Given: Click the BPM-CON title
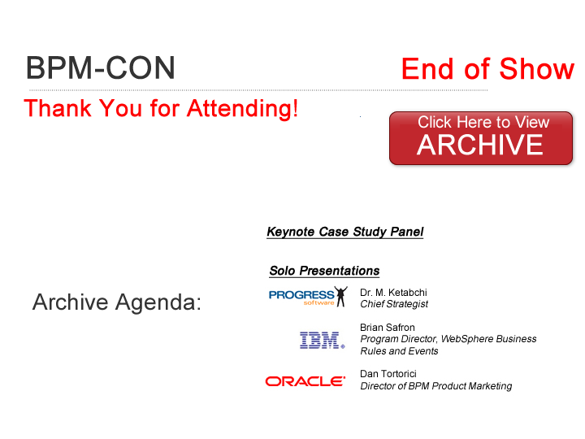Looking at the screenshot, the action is [x=101, y=68].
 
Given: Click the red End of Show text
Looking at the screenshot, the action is [x=487, y=68].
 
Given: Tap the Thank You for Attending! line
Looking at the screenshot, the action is [x=161, y=109].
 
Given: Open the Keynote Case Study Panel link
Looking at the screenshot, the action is [x=345, y=232].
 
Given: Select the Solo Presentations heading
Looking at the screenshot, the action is [x=324, y=271].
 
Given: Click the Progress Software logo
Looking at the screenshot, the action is [x=308, y=297].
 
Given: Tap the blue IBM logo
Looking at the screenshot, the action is [x=323, y=340].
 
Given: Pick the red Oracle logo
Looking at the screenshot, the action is [x=305, y=381].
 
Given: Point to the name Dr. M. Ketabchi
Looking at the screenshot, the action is [x=393, y=293].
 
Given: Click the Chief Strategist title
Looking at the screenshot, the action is [x=394, y=304].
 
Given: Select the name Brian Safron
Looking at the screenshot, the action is [x=388, y=328].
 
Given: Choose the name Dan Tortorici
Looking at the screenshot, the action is [x=388, y=374].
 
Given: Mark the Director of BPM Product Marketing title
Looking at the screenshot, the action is [x=435, y=386].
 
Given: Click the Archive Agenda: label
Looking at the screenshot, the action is [x=117, y=302].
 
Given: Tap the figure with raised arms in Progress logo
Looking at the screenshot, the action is [x=340, y=297].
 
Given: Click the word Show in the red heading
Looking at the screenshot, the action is [x=537, y=68].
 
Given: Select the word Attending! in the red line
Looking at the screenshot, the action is [x=242, y=109].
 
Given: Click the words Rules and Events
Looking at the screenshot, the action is [x=399, y=351].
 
